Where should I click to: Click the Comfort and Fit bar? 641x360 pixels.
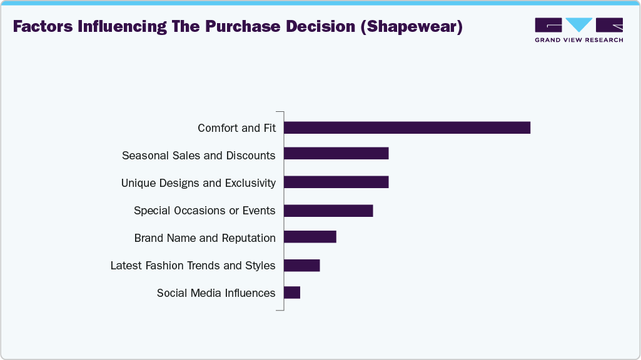click(x=406, y=127)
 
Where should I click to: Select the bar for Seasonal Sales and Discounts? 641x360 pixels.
click(x=336, y=154)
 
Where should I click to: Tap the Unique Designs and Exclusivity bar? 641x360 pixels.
click(x=336, y=182)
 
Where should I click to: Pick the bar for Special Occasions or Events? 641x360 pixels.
click(x=328, y=211)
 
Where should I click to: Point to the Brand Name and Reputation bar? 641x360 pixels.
click(x=310, y=237)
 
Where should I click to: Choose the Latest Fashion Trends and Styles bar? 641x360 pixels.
click(x=301, y=265)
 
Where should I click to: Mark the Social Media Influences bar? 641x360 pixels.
click(x=292, y=292)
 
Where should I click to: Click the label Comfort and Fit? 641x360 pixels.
click(x=236, y=128)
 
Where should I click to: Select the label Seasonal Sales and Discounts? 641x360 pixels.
click(x=198, y=155)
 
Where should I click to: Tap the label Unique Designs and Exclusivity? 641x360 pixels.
click(x=198, y=183)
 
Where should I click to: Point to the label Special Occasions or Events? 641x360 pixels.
click(x=204, y=211)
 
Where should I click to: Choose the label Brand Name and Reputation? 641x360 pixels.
click(x=204, y=238)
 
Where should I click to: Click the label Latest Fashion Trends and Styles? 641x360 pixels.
click(x=193, y=266)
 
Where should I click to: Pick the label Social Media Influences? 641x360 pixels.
click(x=216, y=293)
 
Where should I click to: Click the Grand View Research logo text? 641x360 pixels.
click(x=578, y=40)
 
